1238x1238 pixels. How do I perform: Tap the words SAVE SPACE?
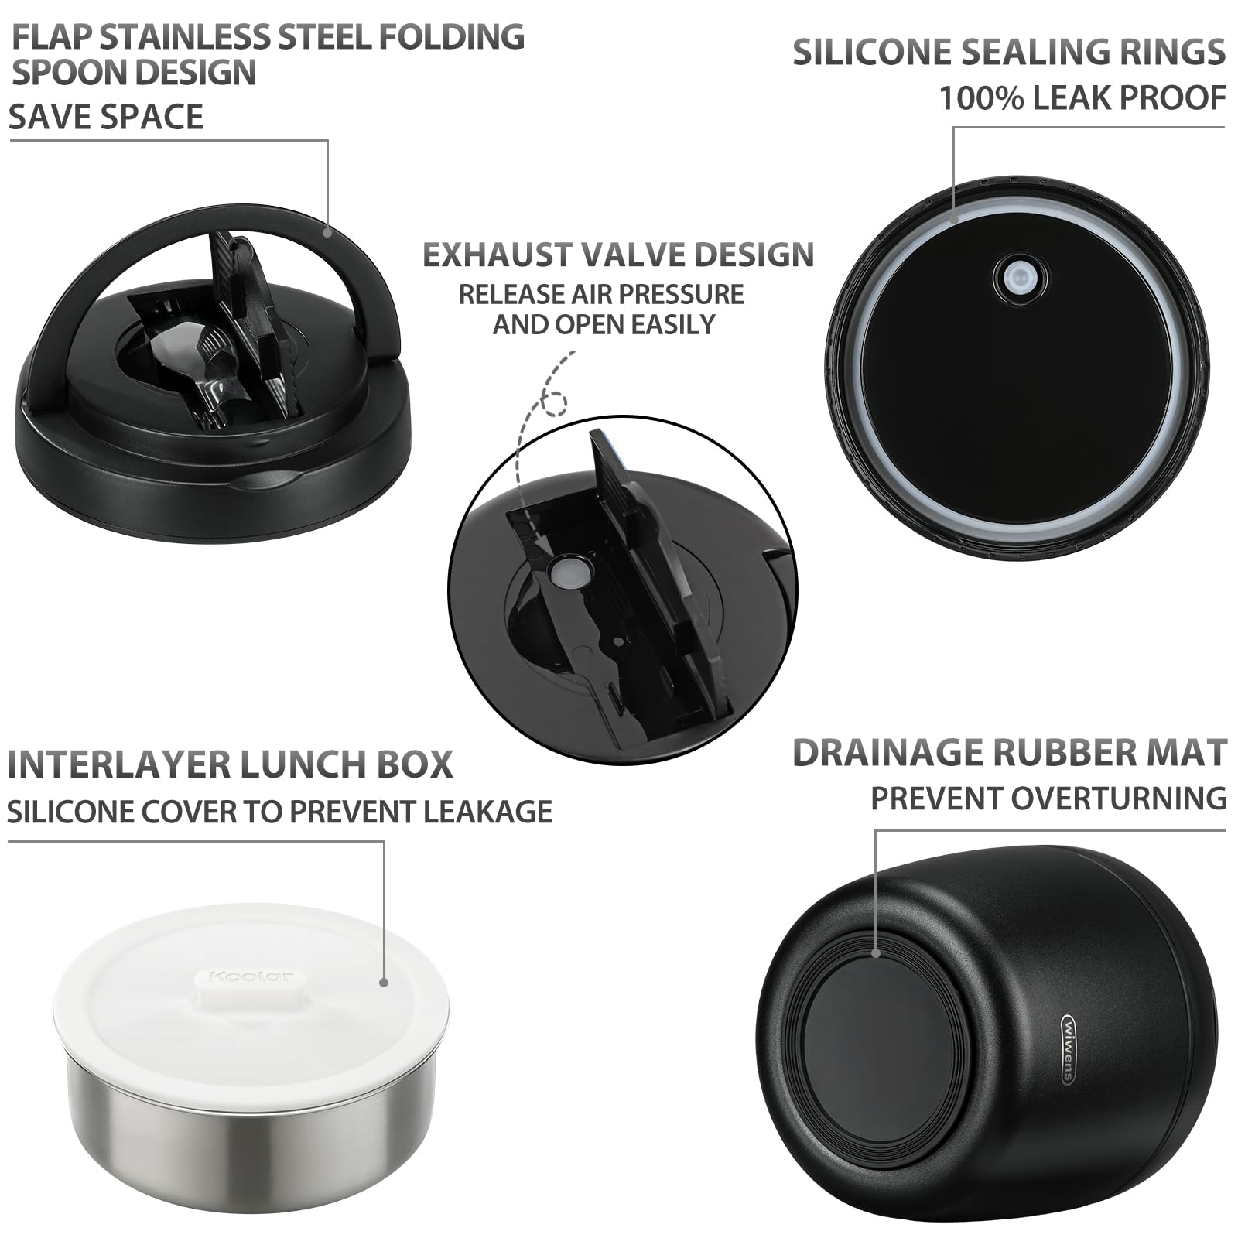(x=106, y=117)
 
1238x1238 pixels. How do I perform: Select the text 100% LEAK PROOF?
(x=1082, y=98)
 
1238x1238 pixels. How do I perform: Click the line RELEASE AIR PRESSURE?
(x=601, y=294)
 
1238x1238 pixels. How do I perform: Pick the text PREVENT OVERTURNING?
(x=1048, y=799)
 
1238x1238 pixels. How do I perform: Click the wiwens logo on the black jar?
(x=1068, y=1048)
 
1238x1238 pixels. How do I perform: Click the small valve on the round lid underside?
(x=1020, y=276)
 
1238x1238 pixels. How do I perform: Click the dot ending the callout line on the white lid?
(x=383, y=982)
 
